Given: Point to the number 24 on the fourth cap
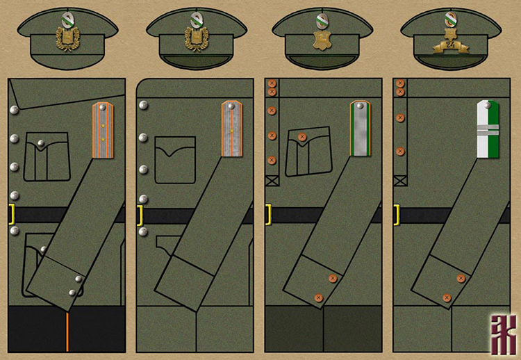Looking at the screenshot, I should (x=450, y=44).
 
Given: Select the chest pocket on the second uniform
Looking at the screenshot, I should (x=175, y=160).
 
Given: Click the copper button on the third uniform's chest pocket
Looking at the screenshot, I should (x=302, y=137).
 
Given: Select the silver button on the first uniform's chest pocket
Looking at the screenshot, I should (x=41, y=145).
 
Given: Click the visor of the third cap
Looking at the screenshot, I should (x=322, y=61).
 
